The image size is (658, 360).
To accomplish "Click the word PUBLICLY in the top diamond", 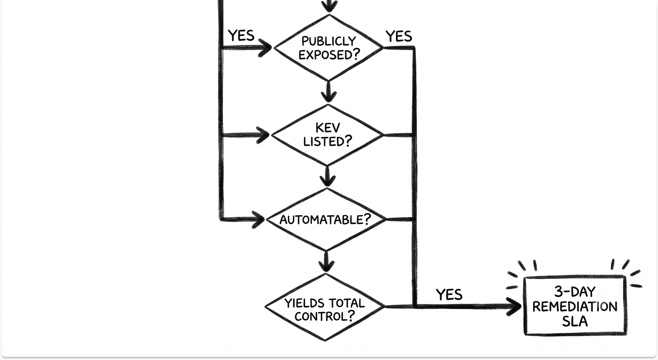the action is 329,41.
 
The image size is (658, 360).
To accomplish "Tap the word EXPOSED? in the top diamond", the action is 329,54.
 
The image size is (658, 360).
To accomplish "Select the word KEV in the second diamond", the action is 328,128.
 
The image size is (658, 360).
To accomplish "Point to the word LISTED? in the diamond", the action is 328,141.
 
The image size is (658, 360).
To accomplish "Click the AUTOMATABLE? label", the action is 325,220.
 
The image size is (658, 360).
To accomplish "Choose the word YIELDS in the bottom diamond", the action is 304,303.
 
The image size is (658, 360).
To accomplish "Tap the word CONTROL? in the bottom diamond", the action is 324,316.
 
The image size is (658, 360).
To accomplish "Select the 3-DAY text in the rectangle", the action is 575,292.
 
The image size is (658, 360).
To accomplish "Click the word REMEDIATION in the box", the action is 575,307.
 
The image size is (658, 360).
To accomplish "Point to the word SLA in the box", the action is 575,321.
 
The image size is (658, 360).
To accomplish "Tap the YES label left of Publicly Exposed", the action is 241,35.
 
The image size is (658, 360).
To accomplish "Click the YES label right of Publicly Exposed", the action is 399,37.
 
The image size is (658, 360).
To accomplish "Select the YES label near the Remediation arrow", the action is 449,294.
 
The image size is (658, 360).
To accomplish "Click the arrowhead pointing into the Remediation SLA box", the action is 514,307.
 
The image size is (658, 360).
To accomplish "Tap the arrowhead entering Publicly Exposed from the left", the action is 266,48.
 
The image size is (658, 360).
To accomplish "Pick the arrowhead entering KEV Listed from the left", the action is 263,135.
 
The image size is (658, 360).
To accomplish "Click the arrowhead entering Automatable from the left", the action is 259,219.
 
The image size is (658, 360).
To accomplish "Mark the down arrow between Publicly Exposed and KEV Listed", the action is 328,92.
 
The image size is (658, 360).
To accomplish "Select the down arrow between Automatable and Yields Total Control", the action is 326,261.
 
